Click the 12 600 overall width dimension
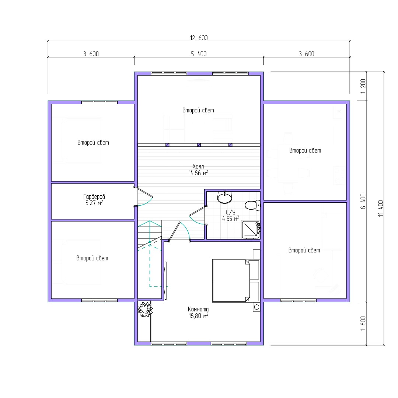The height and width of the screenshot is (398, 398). click(199, 38)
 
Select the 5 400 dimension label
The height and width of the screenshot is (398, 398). click(199, 54)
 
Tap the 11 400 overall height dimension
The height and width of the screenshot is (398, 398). click(380, 208)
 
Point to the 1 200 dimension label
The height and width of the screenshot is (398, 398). click(363, 86)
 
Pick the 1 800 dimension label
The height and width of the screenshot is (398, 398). click(363, 324)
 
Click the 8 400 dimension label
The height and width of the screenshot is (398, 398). click(363, 201)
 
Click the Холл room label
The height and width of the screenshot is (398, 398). click(198, 166)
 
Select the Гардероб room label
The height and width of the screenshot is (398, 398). click(94, 196)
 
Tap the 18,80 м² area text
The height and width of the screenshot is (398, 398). click(198, 315)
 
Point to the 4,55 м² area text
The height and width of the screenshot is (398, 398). click(230, 219)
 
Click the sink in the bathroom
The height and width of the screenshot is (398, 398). click(225, 197)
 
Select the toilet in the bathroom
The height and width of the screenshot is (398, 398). click(252, 205)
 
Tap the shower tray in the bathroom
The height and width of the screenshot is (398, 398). click(251, 230)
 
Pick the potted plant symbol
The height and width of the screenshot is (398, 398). click(145, 309)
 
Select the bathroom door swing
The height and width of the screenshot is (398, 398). click(197, 216)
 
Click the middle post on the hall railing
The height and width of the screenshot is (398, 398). click(199, 145)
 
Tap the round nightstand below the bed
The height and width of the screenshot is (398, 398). click(256, 307)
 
